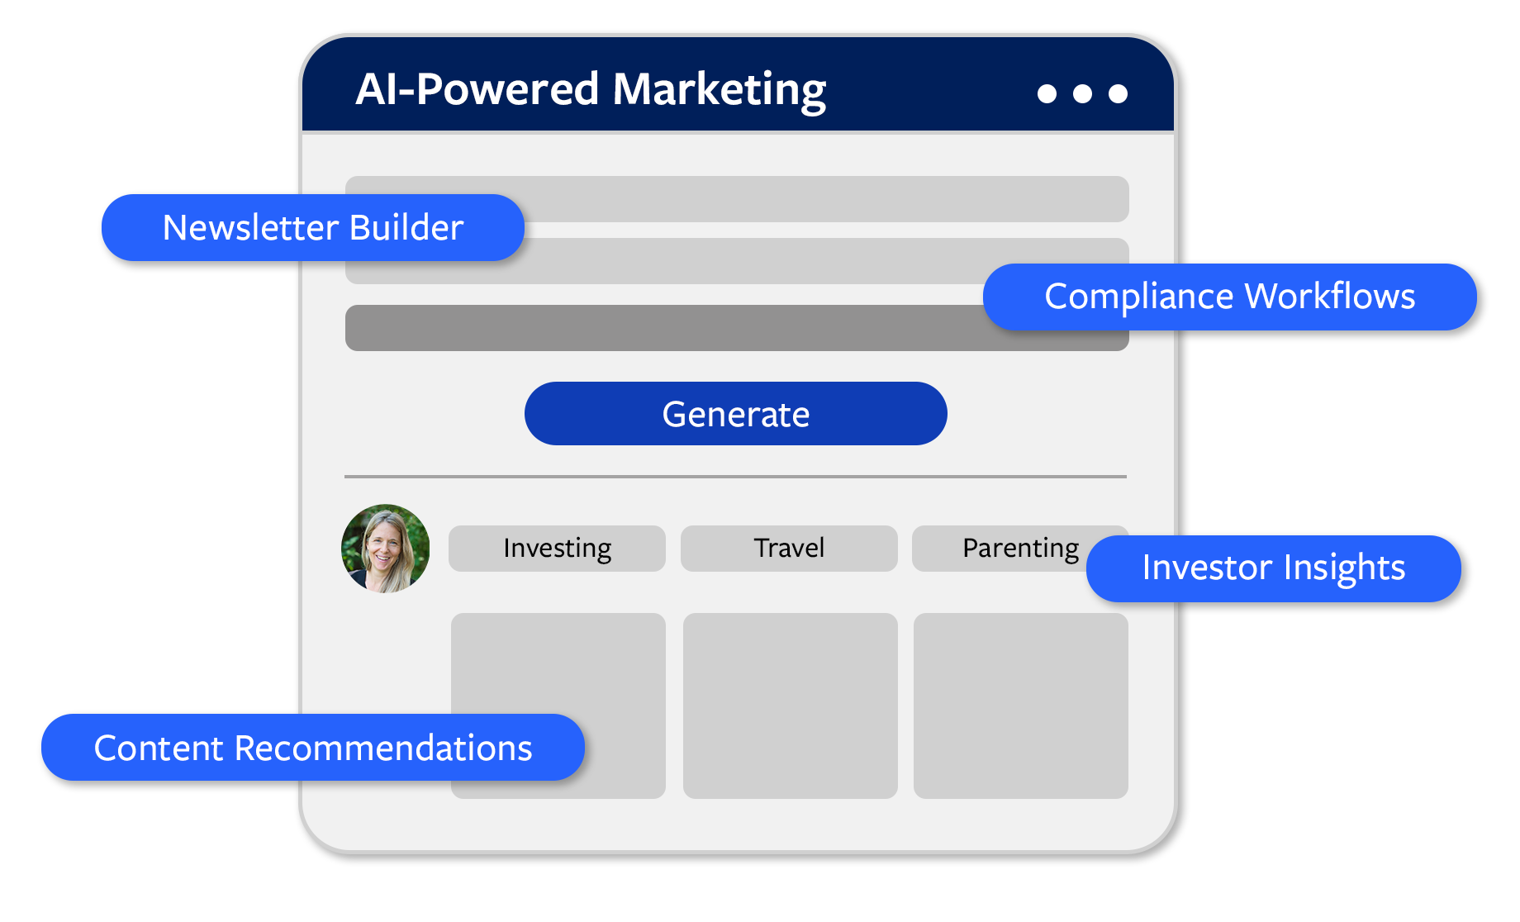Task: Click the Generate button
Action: click(x=735, y=414)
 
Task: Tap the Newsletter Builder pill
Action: click(x=312, y=228)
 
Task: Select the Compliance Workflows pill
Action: click(x=1229, y=297)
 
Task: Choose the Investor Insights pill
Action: click(x=1273, y=568)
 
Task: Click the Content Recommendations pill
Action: click(x=312, y=748)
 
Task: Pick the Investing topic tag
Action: click(x=557, y=549)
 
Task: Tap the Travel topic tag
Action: click(x=789, y=549)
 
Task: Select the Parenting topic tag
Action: click(x=1008, y=549)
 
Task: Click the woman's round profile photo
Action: click(x=385, y=549)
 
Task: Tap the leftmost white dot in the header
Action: click(x=1047, y=94)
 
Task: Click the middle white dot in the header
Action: click(x=1082, y=94)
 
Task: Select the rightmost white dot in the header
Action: click(x=1118, y=94)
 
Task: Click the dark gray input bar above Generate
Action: click(x=661, y=328)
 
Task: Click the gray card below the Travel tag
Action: click(x=790, y=706)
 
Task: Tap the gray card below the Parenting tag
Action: click(x=1020, y=706)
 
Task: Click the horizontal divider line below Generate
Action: click(x=735, y=477)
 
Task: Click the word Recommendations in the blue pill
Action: click(x=383, y=748)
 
